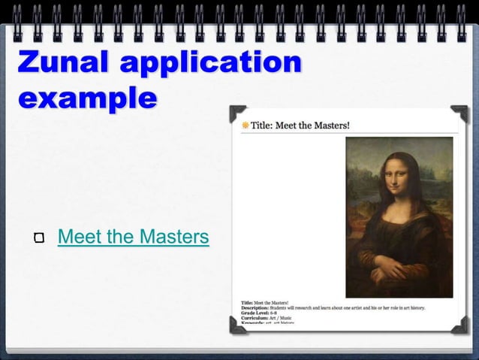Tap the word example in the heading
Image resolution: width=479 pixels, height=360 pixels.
(88, 98)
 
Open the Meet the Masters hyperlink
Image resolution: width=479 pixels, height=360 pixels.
(133, 237)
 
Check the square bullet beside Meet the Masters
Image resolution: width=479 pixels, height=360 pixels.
(39, 239)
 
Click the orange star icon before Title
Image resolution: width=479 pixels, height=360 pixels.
(245, 126)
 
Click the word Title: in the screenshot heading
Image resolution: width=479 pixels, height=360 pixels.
(262, 126)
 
